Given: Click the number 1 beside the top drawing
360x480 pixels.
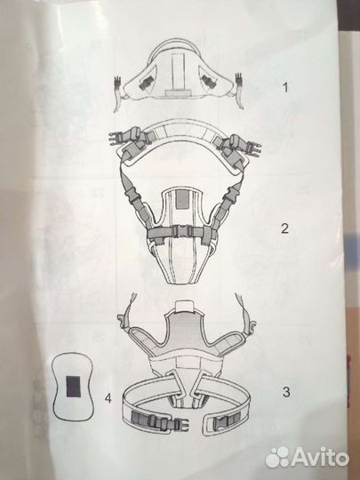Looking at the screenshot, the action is (285, 87).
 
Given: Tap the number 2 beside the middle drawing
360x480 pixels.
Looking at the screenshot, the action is (284, 228).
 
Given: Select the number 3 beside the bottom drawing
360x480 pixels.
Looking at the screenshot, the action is (286, 391).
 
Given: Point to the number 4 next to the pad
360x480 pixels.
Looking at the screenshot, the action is (108, 398).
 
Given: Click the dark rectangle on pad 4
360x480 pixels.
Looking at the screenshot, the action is (74, 387).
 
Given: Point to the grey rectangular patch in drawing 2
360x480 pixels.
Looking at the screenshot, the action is (182, 199).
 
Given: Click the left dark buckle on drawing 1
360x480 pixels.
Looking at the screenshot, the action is (147, 82).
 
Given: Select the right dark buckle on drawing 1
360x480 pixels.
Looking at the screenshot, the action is (209, 82).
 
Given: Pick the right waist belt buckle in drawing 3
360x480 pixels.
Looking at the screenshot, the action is (227, 419).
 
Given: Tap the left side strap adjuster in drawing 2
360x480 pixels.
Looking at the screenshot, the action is (132, 195).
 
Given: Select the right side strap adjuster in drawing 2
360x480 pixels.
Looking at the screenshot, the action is (231, 195).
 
